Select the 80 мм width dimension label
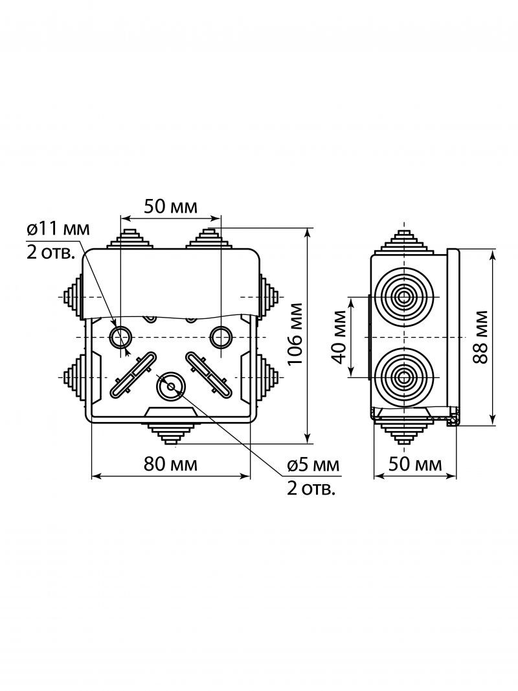(171, 463)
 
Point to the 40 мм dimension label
(339, 336)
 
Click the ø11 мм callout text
(58, 229)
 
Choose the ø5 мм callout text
(313, 465)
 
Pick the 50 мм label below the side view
(415, 463)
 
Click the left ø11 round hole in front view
(120, 337)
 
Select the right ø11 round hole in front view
(221, 337)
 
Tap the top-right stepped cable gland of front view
(209, 239)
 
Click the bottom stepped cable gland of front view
(171, 433)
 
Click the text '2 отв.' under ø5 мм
(311, 488)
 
